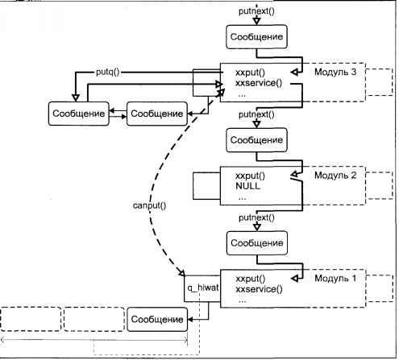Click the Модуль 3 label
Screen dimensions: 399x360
335,72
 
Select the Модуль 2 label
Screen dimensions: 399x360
335,176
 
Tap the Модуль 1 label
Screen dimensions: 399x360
335,278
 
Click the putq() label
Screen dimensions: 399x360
108,72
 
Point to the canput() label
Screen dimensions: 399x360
149,205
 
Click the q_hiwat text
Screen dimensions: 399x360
203,288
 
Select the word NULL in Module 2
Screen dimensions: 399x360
247,186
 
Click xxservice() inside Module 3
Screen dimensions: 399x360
259,83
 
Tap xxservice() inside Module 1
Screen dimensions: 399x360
259,289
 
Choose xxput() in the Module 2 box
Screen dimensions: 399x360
250,176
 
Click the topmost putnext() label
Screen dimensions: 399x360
256,11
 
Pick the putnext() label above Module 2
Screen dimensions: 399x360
256,114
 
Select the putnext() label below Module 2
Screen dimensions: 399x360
256,217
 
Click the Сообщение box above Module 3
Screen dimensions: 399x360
256,37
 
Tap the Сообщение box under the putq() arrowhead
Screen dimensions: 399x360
79,114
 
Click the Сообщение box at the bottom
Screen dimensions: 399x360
157,320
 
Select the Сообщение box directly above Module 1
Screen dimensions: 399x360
257,243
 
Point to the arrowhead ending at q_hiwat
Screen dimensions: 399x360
181,273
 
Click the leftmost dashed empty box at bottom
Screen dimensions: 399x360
31,319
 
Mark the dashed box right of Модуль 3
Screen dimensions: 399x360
379,82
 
